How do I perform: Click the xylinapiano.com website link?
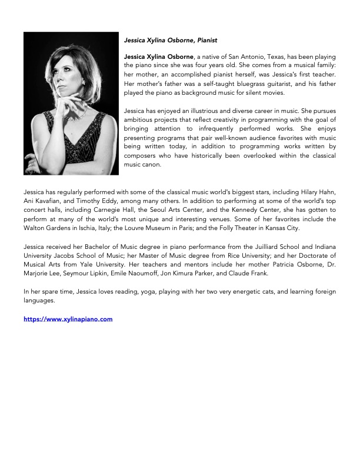(x=68, y=319)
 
